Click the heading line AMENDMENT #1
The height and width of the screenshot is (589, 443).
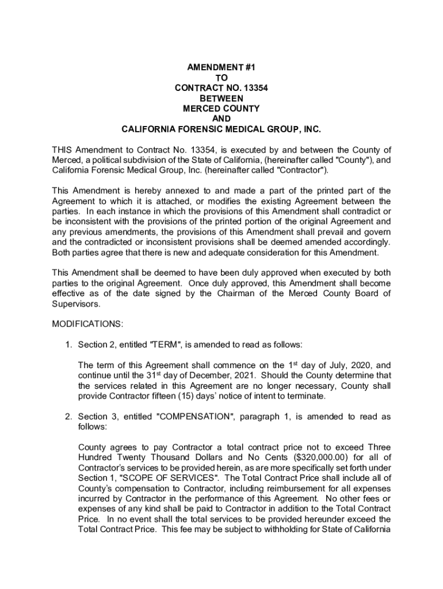click(221, 67)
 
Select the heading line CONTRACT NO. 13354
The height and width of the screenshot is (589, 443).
click(221, 88)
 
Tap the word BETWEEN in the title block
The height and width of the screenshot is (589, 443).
click(221, 98)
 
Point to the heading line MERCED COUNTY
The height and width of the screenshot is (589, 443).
click(221, 109)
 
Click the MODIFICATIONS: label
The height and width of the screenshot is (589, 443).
click(87, 324)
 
